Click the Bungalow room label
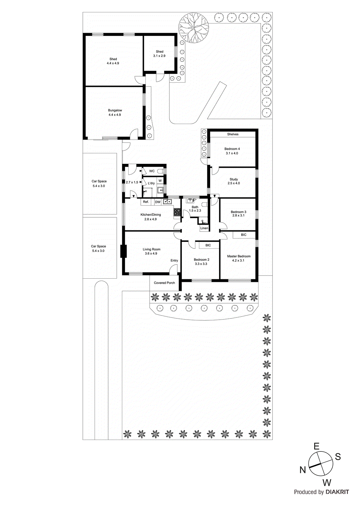click(x=115, y=110)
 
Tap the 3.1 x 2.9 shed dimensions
click(x=159, y=56)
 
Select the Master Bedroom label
click(x=239, y=256)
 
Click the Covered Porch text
click(x=164, y=283)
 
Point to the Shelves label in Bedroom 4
click(x=233, y=134)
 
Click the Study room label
click(x=234, y=179)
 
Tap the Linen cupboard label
click(x=204, y=228)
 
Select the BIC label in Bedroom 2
click(x=208, y=245)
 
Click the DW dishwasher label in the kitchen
click(x=158, y=202)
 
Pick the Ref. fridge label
click(x=146, y=202)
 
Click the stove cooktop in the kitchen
click(x=177, y=212)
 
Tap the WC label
click(x=152, y=171)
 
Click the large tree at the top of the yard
click(x=194, y=28)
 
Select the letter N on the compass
click(x=303, y=470)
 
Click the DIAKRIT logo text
click(x=337, y=492)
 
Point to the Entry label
click(x=174, y=261)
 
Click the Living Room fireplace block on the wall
click(x=124, y=251)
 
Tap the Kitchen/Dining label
click(x=151, y=215)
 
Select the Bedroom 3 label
click(x=238, y=212)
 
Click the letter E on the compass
click(x=316, y=446)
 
